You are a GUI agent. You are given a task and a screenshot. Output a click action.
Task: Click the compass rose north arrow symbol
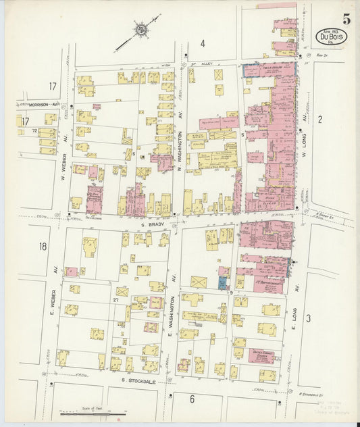[x=140, y=30]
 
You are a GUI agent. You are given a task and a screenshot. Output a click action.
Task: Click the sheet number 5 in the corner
[x=346, y=18]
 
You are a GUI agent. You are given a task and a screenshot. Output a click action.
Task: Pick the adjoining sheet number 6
[x=192, y=399]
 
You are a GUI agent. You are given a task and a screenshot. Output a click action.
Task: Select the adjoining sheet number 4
[x=202, y=44]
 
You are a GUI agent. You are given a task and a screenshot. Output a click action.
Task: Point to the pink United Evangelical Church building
[x=261, y=356]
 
